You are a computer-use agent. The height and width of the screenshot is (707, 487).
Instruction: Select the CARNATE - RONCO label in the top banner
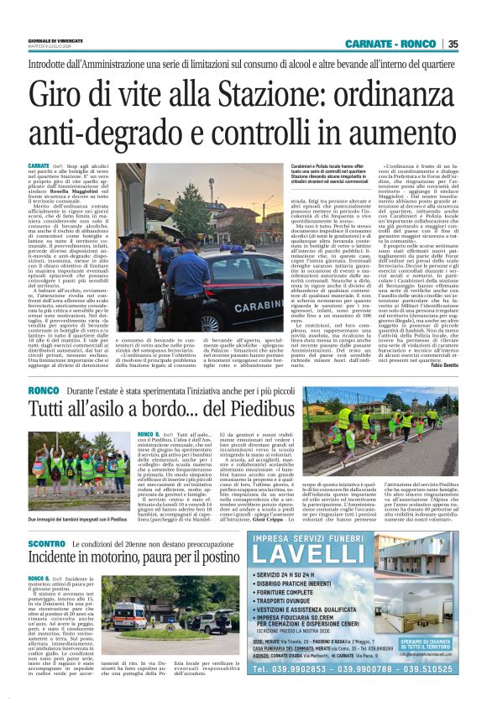(x=395, y=45)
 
